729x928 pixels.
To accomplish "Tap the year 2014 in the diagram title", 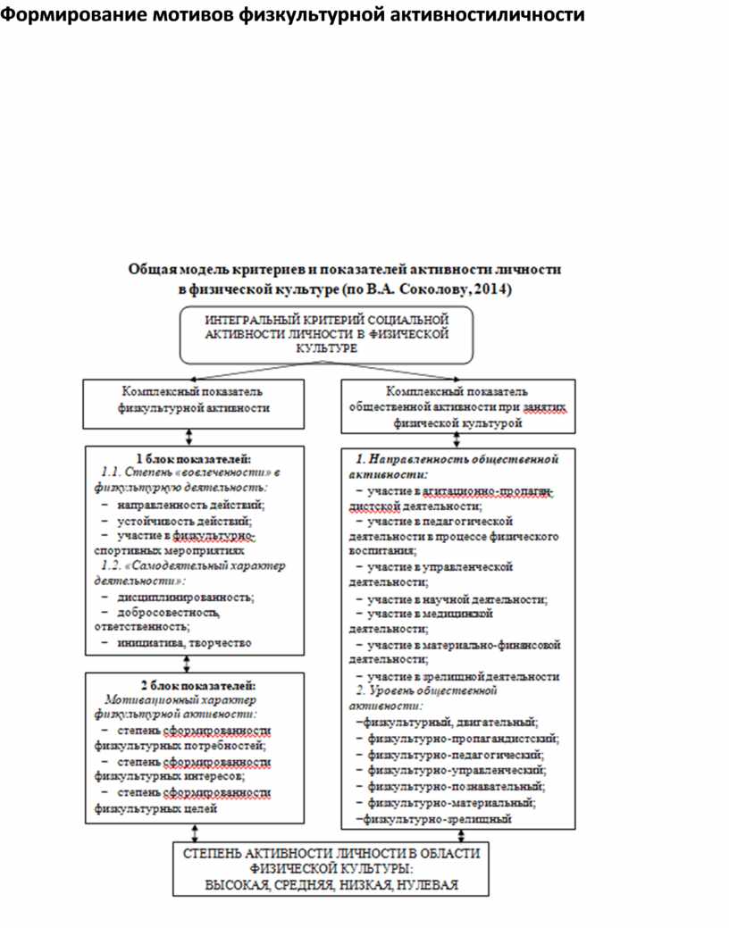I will (492, 289).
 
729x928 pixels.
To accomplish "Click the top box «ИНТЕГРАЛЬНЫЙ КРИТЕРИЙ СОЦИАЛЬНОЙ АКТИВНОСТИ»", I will (326, 334).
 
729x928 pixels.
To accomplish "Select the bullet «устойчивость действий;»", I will (184, 520).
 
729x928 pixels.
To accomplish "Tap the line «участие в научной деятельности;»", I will (457, 599).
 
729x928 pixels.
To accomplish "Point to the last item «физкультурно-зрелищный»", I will (438, 817).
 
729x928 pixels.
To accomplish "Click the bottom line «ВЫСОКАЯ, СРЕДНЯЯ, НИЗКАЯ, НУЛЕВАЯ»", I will (331, 884).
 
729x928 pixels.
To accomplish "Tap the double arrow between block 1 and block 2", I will (188, 664).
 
